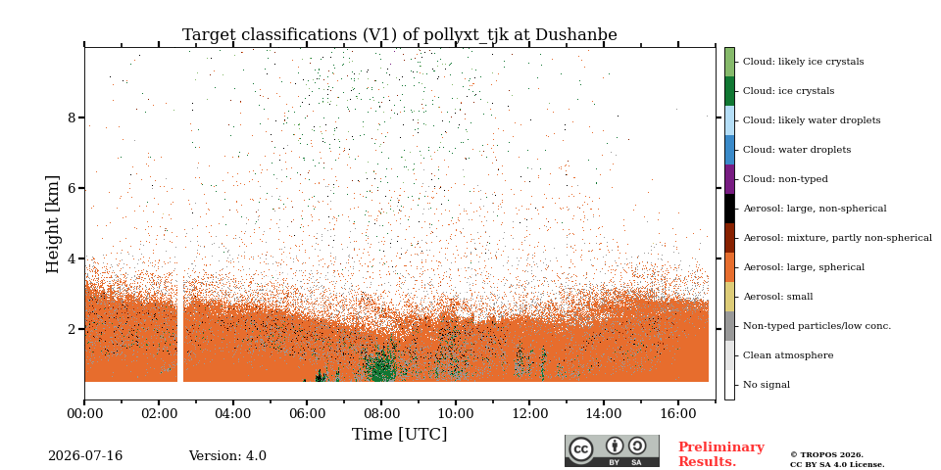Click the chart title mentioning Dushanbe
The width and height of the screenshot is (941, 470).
pyautogui.click(x=400, y=35)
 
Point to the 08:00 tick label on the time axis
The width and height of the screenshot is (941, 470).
pyautogui.click(x=381, y=413)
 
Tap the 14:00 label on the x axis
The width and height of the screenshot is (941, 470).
pyautogui.click(x=604, y=413)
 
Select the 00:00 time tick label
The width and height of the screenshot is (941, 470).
pyautogui.click(x=84, y=413)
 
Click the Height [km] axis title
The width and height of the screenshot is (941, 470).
pyautogui.click(x=53, y=224)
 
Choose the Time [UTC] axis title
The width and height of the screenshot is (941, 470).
pyautogui.click(x=400, y=434)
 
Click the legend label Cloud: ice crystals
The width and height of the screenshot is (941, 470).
pyautogui.click(x=788, y=91)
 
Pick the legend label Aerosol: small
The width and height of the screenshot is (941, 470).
pyautogui.click(x=778, y=297)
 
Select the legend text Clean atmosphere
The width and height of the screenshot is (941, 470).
pyautogui.click(x=788, y=355)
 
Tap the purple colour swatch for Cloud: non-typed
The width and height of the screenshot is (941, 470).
pyautogui.click(x=729, y=179)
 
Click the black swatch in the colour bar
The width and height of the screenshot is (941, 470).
pyautogui.click(x=729, y=209)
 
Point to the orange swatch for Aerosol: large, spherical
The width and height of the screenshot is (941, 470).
pyautogui.click(x=729, y=267)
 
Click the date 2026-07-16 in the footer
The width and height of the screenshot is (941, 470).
pyautogui.click(x=85, y=456)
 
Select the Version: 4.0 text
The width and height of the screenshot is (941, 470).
pyautogui.click(x=227, y=456)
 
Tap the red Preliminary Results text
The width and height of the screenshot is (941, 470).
pyautogui.click(x=721, y=454)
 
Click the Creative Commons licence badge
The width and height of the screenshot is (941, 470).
pyautogui.click(x=612, y=450)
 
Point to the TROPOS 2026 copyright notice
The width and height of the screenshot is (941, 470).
pyautogui.click(x=837, y=459)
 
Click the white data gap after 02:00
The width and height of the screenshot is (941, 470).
pyautogui.click(x=180, y=329)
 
